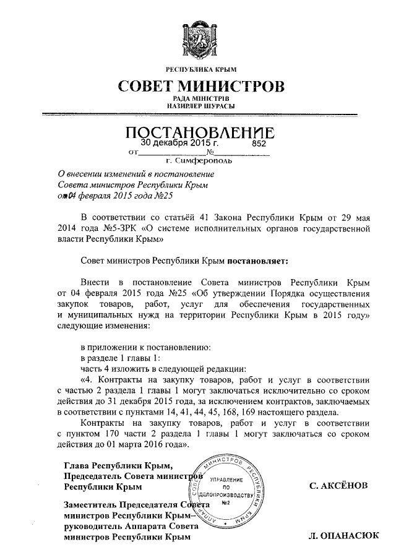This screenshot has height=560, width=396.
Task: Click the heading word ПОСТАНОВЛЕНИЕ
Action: point(198,132)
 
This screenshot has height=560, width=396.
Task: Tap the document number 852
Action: point(258,142)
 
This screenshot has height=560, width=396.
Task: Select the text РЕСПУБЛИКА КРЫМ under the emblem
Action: point(198,69)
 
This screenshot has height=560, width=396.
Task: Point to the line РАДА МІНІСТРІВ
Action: point(198,99)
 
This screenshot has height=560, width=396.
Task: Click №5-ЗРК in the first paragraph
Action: point(118,226)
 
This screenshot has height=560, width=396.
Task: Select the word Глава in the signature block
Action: point(77,465)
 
